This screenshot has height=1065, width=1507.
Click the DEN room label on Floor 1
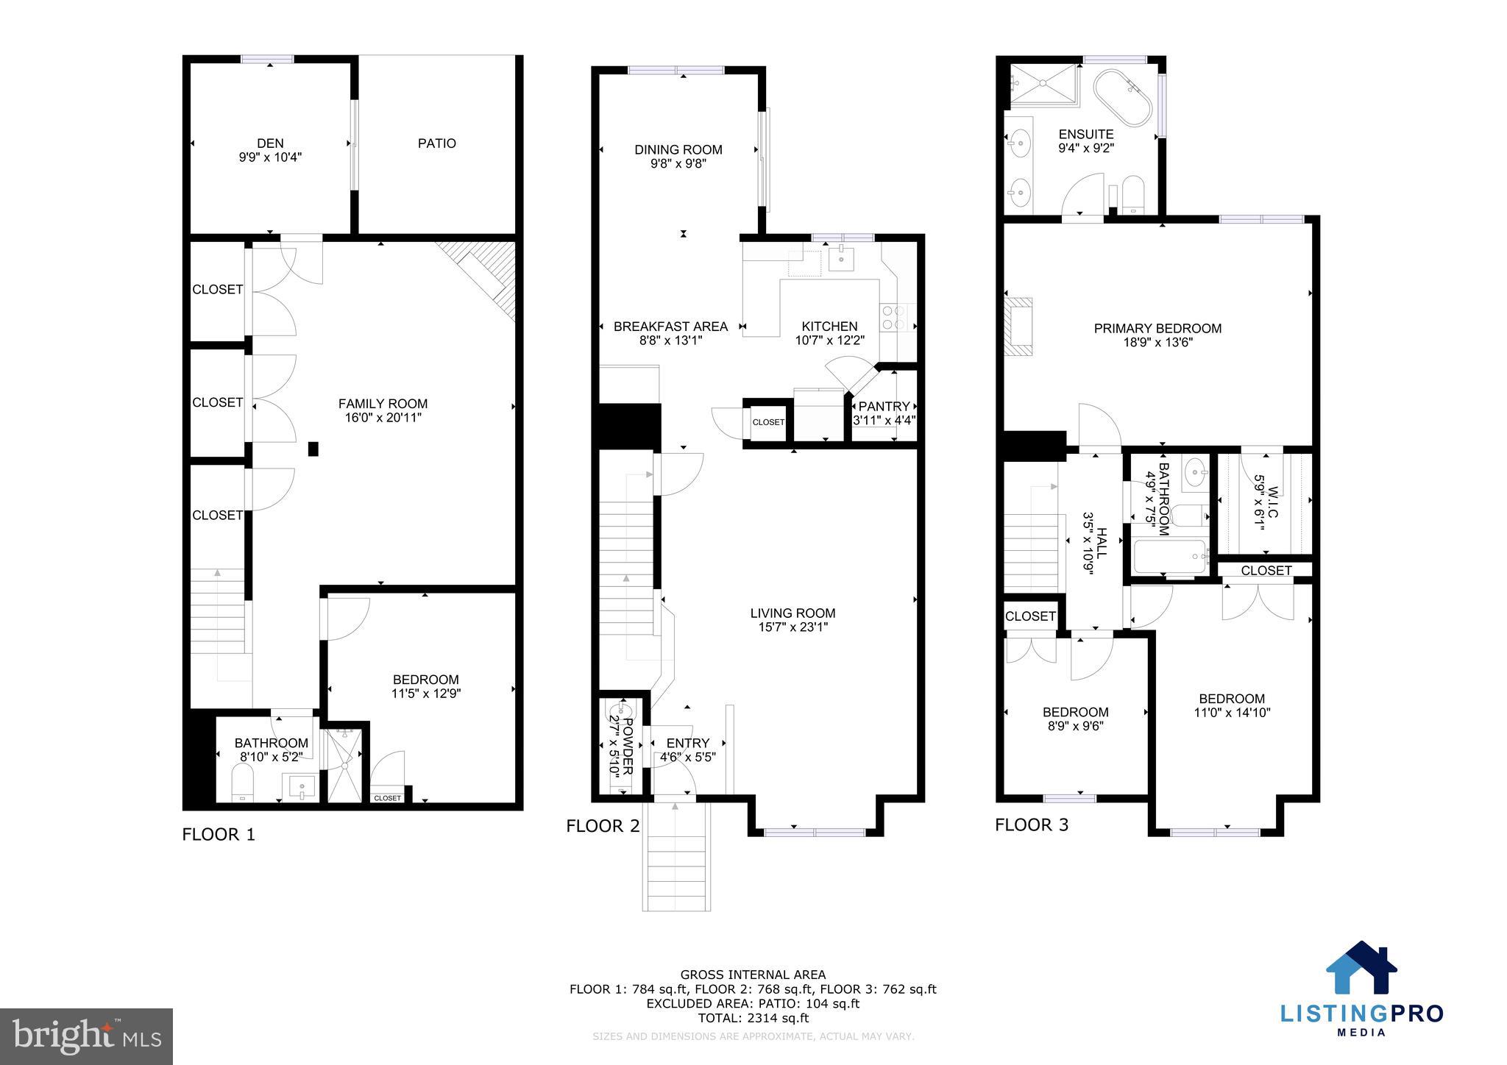click(x=270, y=143)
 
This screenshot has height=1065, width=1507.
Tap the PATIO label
click(x=437, y=143)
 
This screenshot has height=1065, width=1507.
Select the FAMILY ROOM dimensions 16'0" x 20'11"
click(x=383, y=418)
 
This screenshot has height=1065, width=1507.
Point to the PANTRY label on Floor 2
click(x=884, y=407)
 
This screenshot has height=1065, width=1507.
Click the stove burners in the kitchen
click(x=893, y=318)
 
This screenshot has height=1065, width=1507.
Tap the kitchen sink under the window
click(x=841, y=259)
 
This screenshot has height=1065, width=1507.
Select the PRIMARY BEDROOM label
click(x=1157, y=329)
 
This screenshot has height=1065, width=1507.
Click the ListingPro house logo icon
click(x=1361, y=968)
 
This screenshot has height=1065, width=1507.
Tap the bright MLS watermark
click(x=87, y=1036)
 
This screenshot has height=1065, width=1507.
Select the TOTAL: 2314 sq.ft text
click(x=753, y=1018)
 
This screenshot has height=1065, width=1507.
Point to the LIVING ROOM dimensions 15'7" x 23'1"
click(x=792, y=627)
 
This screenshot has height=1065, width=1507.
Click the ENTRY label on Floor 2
click(x=687, y=743)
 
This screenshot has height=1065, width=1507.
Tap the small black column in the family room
click(x=313, y=449)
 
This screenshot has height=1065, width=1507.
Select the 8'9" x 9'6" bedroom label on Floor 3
click(x=1075, y=725)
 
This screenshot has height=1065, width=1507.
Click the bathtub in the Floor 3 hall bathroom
click(x=1169, y=557)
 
